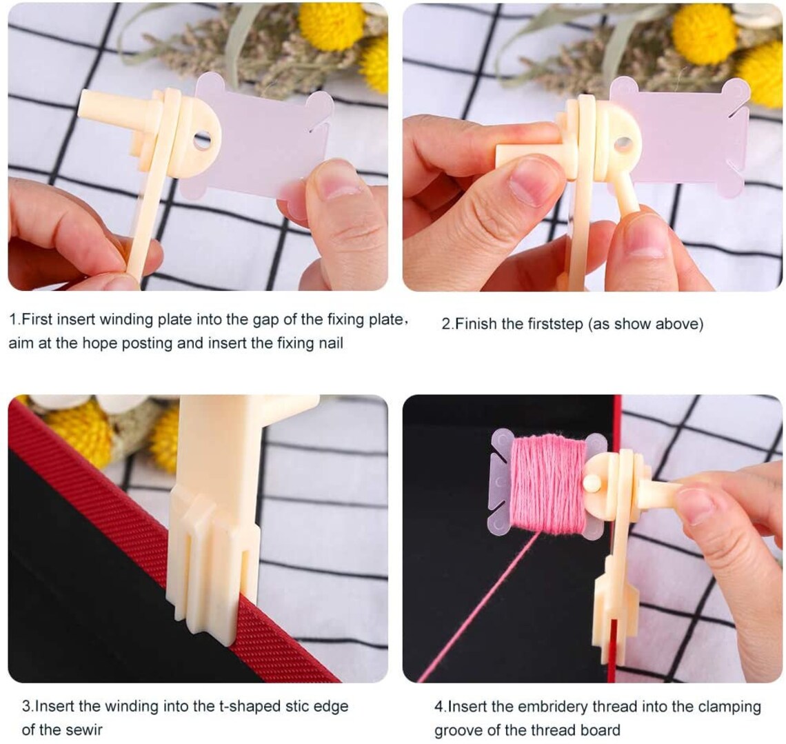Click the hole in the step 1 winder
click(x=202, y=141)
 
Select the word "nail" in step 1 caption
click(x=327, y=343)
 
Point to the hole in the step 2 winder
click(x=623, y=144)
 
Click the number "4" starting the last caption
click(x=438, y=707)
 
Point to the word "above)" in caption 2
click(x=682, y=323)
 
